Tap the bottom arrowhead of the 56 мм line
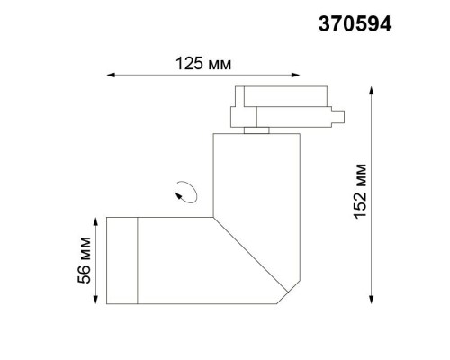coord(94,301)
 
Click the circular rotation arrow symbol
coord(188,191)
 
